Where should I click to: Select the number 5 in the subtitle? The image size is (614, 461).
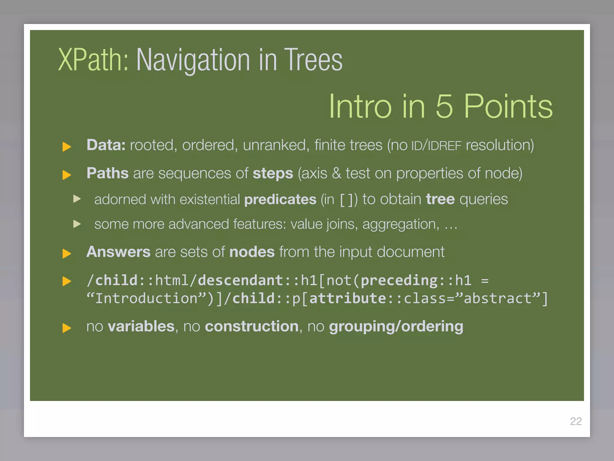coord(444,106)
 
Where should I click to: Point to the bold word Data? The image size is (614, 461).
coord(106,145)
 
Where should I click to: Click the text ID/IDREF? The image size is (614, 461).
coord(436,146)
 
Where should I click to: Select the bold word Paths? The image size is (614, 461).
coord(107,173)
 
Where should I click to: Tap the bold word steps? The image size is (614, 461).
coord(273,173)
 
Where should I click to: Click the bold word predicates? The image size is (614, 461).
coord(280,199)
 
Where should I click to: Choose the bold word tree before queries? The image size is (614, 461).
coord(440,199)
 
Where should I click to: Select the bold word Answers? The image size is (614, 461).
coord(118,252)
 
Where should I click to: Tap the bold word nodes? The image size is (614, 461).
coord(252,252)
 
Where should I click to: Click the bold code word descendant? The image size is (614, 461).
coord(240,280)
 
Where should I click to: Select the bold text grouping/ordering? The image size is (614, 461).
coord(396,326)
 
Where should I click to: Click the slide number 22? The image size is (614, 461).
coord(576,421)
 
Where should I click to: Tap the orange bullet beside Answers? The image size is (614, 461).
coord(66,253)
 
